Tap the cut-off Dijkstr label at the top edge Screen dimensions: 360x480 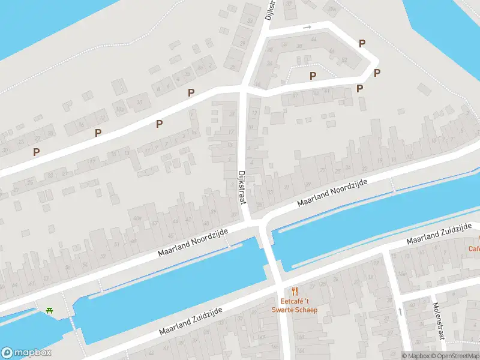click(x=270, y=10)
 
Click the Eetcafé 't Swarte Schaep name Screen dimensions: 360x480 click(x=298, y=306)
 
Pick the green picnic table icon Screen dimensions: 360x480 click(x=49, y=310)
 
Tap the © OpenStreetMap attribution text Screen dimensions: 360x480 click(x=455, y=356)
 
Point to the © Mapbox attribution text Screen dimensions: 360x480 click(x=416, y=356)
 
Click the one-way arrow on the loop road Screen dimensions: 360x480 click(x=307, y=27)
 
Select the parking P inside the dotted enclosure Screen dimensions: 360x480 click(x=313, y=76)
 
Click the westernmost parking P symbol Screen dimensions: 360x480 click(x=37, y=152)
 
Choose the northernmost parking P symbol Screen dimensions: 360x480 click(x=362, y=43)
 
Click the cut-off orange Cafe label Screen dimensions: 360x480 click(x=474, y=248)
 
